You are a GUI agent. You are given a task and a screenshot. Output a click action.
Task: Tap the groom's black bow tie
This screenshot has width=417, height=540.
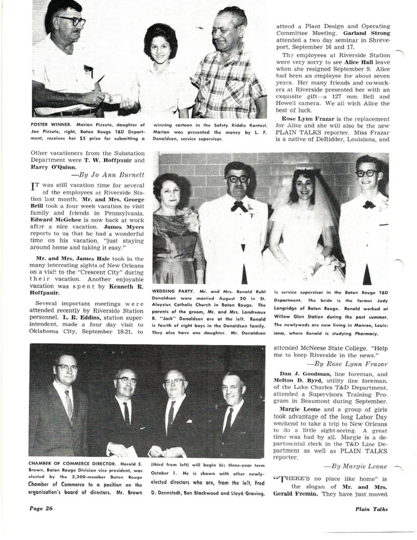369,205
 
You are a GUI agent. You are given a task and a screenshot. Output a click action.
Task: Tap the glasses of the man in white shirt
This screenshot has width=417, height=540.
72,21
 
